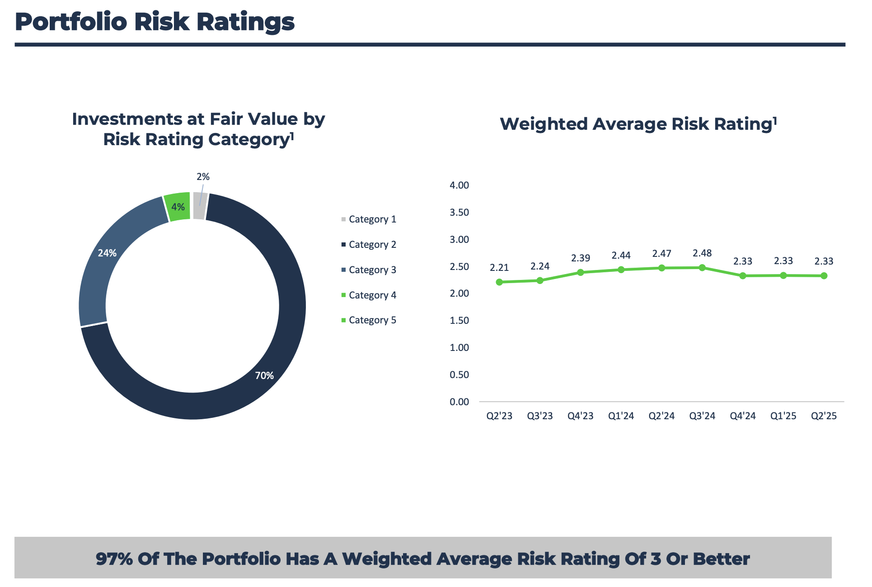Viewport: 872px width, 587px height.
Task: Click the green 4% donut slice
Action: point(178,207)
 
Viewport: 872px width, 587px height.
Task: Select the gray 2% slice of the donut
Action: point(200,206)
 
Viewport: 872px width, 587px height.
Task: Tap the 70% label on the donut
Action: point(264,375)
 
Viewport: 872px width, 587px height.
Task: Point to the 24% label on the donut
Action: point(108,253)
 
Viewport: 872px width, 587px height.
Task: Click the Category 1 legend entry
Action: point(369,219)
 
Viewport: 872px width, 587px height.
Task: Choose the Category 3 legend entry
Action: point(369,270)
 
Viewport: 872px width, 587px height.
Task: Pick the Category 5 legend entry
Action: point(369,320)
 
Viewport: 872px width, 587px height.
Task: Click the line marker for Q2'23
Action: point(499,282)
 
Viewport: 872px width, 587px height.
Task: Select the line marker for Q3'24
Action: point(702,268)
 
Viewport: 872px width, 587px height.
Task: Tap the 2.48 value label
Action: point(702,253)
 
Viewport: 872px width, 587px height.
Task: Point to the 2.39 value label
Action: point(581,258)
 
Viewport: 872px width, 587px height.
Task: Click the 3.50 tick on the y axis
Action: point(459,213)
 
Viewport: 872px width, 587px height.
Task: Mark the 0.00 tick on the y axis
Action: point(459,402)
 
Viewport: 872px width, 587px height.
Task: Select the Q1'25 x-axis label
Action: point(783,416)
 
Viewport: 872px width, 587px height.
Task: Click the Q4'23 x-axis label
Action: point(581,416)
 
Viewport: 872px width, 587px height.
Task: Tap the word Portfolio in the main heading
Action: point(71,22)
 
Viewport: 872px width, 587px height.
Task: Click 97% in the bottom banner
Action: point(114,559)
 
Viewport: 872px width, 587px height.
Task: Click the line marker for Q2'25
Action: point(824,276)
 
